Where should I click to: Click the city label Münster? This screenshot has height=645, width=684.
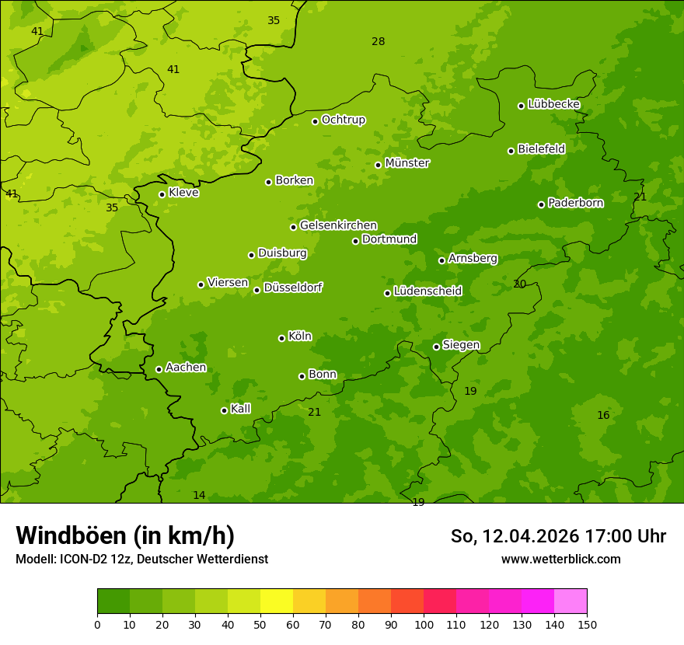[407, 163]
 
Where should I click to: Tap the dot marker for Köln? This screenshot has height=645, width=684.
[281, 338]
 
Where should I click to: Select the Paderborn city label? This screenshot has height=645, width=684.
[575, 203]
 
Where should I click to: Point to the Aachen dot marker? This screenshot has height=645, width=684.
[159, 369]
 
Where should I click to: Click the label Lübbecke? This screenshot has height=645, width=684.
[553, 104]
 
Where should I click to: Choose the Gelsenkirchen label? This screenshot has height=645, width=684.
[338, 225]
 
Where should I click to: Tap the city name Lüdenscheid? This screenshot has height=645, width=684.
[427, 291]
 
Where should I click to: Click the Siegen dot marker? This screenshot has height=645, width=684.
[436, 347]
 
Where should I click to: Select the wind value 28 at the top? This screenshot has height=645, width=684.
[378, 41]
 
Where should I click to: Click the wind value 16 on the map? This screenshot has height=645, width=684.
[603, 415]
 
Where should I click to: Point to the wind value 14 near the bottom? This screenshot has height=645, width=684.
[199, 495]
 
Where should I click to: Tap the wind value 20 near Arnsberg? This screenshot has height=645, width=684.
[519, 284]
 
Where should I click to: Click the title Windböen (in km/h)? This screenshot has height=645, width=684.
[125, 535]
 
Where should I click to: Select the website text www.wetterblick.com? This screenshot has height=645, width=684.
[560, 559]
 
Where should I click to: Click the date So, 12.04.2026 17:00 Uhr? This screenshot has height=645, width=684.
[558, 536]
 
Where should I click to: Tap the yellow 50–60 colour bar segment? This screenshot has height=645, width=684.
[277, 601]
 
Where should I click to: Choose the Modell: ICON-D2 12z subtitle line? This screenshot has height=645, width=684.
[141, 559]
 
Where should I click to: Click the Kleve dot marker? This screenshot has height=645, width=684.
[162, 194]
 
